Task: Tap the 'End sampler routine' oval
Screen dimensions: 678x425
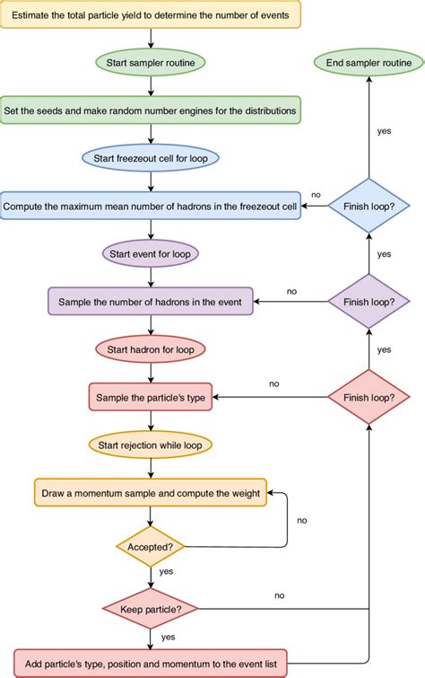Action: pyautogui.click(x=369, y=62)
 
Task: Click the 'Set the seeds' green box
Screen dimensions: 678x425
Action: pyautogui.click(x=150, y=110)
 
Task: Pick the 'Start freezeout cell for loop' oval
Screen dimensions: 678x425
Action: pyautogui.click(x=151, y=159)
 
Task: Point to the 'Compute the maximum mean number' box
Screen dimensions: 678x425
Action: pyautogui.click(x=151, y=207)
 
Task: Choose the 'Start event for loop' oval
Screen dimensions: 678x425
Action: pyautogui.click(x=151, y=253)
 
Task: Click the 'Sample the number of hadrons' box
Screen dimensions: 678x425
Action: pyautogui.click(x=151, y=301)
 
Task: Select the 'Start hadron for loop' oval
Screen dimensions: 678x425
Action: pyautogui.click(x=151, y=348)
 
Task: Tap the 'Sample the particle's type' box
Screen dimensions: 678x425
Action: pyautogui.click(x=151, y=396)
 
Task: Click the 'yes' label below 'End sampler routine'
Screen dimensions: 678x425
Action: pyautogui.click(x=384, y=130)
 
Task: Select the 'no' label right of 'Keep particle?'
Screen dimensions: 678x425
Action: pyautogui.click(x=280, y=595)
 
